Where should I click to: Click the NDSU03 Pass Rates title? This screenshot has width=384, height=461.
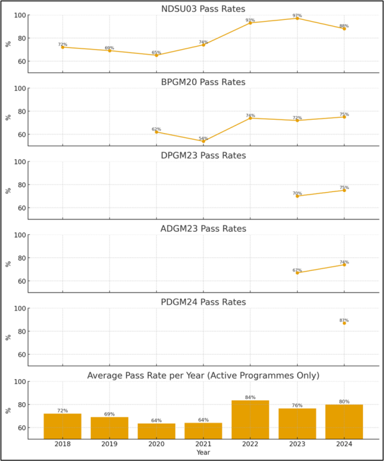click(203, 8)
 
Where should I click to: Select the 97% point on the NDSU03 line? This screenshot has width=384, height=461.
click(297, 18)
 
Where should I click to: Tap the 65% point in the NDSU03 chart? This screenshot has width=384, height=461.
click(156, 55)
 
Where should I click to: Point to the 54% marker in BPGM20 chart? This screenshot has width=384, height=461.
click(203, 141)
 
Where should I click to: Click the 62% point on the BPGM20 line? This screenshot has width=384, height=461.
click(156, 132)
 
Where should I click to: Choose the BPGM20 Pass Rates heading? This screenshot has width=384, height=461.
click(203, 82)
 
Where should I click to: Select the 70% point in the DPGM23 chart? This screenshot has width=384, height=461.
click(297, 196)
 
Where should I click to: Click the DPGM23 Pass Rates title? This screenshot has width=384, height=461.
click(203, 156)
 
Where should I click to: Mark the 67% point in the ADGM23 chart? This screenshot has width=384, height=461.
click(297, 273)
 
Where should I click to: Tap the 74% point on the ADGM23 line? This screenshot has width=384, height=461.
click(344, 264)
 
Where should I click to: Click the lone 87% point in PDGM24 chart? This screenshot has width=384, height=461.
click(344, 323)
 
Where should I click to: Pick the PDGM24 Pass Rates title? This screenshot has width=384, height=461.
click(203, 302)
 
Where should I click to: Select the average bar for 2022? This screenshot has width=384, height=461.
click(250, 419)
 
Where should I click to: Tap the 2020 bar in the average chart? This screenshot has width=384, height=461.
click(156, 431)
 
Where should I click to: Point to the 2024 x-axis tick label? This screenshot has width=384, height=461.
click(344, 443)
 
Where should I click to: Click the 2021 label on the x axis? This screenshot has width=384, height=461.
click(203, 443)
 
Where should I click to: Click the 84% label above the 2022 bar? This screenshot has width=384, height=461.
click(250, 397)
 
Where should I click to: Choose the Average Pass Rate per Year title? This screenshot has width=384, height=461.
click(203, 376)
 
